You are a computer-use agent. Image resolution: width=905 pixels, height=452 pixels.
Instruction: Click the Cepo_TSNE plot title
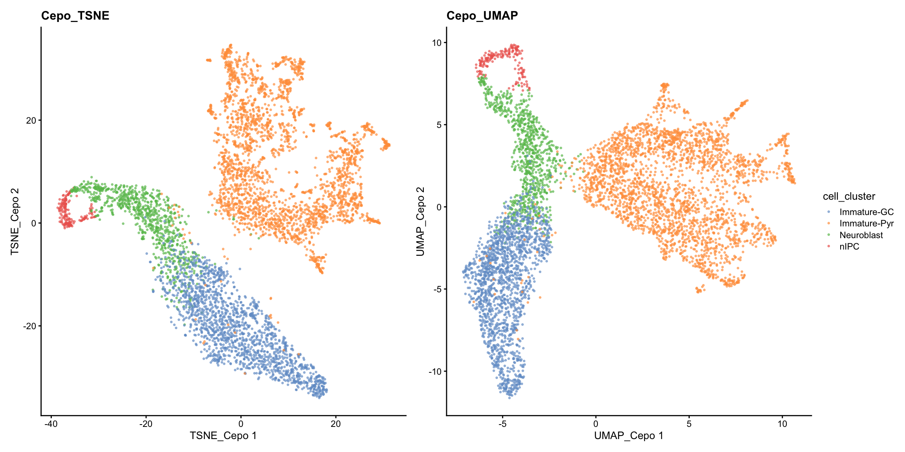[75, 16]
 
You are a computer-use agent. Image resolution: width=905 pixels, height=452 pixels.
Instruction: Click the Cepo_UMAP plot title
[482, 16]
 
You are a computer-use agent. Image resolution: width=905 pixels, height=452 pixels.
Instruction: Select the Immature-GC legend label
[866, 212]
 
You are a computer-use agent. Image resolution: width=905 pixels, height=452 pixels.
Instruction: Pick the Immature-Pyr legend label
[866, 224]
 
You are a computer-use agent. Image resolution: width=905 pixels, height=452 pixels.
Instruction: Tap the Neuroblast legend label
[861, 235]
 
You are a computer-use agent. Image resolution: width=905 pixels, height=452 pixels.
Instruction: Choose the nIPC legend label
[849, 246]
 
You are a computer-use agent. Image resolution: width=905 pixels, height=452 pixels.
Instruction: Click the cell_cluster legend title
[849, 197]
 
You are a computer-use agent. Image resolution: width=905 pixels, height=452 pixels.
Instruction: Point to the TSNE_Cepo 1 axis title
[223, 436]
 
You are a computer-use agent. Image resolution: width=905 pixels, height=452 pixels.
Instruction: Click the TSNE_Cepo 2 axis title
[15, 221]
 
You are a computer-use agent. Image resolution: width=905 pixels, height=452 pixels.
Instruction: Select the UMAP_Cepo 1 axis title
[628, 436]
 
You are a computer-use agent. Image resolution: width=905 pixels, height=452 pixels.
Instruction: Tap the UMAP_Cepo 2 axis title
[421, 221]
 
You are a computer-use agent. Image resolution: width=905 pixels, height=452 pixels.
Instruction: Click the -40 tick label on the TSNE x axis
[51, 424]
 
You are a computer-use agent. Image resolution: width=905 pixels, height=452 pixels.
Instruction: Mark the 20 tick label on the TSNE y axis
[31, 120]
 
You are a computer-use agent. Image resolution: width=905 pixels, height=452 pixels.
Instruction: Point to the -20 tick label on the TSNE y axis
[29, 326]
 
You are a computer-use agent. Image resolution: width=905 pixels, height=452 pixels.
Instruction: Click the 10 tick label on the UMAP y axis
[437, 43]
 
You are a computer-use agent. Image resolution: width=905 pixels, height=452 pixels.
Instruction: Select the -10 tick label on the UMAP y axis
[435, 372]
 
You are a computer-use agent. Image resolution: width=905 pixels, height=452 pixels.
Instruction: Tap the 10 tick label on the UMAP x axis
[782, 424]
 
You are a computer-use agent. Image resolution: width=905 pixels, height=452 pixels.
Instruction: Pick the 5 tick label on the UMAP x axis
[689, 424]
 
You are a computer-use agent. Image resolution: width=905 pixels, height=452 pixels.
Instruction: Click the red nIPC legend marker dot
[829, 246]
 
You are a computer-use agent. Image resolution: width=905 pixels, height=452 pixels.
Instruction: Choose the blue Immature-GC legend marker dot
[829, 212]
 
